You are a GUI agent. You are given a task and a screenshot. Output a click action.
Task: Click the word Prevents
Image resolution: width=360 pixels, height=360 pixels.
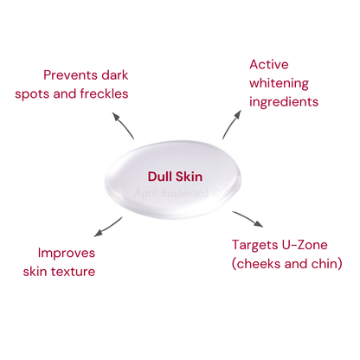pyautogui.click(x=70, y=75)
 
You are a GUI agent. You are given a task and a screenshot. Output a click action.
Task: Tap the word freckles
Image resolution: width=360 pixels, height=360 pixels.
pyautogui.click(x=104, y=93)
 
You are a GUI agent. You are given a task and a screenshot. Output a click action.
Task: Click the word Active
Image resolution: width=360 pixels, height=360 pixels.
pyautogui.click(x=269, y=64)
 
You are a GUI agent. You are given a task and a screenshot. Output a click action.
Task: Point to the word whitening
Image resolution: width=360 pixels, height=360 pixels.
pyautogui.click(x=279, y=84)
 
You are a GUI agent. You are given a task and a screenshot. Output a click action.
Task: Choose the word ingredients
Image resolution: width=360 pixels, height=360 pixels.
pyautogui.click(x=284, y=102)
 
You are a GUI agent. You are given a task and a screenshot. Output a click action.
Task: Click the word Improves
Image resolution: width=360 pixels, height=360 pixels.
pyautogui.click(x=67, y=254)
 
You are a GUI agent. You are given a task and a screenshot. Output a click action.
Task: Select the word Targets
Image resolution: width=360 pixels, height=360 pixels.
pyautogui.click(x=254, y=246)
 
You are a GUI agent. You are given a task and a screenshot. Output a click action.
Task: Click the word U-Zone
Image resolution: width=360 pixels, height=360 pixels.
pyautogui.click(x=305, y=245)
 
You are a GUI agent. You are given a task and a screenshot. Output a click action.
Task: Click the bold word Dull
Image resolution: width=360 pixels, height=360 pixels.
pyautogui.click(x=159, y=177)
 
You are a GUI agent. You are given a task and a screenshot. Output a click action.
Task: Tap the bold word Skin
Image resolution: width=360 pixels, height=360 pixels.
pyautogui.click(x=189, y=177)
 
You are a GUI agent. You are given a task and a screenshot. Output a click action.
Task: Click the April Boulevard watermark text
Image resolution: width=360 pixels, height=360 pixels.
pyautogui.click(x=177, y=193)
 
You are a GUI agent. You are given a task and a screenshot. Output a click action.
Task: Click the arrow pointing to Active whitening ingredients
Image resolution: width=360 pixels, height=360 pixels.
pyautogui.click(x=231, y=124)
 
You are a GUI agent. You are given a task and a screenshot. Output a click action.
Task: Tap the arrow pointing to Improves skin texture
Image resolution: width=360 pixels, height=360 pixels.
pyautogui.click(x=107, y=228)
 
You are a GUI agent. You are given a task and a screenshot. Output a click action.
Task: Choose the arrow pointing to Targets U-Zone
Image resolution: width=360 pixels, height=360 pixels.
pyautogui.click(x=248, y=218)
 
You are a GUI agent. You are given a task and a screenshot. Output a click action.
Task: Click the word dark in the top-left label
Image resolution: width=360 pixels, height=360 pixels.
pyautogui.click(x=115, y=75)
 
